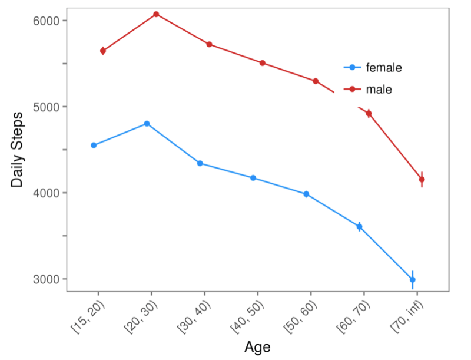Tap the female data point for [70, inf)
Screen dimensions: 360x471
pos(412,279)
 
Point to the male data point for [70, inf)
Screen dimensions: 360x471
pos(422,179)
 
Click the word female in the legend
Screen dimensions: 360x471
pos(384,68)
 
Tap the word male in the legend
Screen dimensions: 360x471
pos(379,90)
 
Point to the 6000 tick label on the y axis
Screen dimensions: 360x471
pos(44,21)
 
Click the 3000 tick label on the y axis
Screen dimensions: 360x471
pos(44,279)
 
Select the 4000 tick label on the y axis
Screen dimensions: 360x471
pos(44,193)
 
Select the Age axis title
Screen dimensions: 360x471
pos(257,346)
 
